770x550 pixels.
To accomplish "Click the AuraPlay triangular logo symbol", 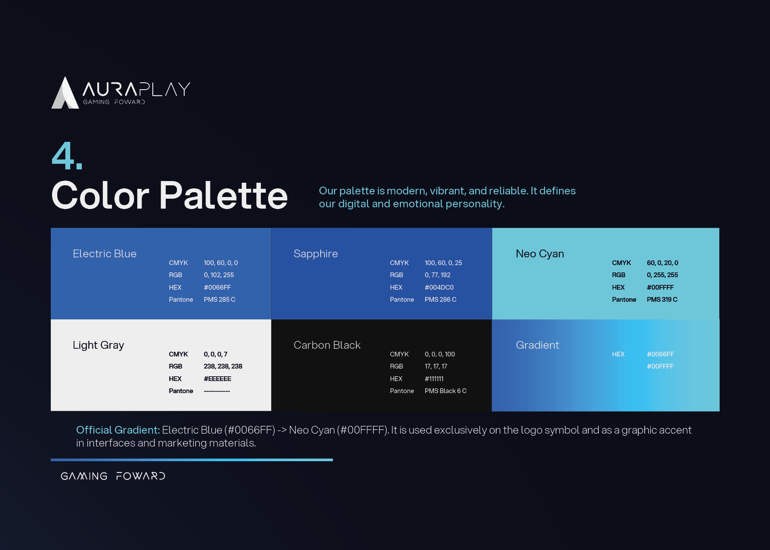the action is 65,93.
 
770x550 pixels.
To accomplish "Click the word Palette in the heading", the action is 223,196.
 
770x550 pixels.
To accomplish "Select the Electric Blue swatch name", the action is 105,254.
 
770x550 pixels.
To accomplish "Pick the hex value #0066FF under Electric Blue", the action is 217,287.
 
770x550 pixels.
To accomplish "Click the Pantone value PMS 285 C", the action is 220,300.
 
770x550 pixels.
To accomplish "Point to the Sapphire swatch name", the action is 315,254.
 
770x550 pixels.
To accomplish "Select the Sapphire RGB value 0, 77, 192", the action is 438,275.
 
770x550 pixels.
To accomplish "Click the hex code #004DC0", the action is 439,287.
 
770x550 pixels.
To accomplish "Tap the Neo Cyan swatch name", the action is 540,254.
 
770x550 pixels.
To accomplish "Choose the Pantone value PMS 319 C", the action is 662,300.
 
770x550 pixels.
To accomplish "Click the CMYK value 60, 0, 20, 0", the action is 662,263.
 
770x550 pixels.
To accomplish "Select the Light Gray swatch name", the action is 99,345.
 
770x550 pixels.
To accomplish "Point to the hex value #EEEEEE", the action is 217,379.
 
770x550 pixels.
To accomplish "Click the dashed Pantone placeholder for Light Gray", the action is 217,391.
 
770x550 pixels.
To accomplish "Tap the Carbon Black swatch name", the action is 327,345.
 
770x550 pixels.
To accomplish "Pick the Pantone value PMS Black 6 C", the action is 445,391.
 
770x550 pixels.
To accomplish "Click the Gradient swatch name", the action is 538,345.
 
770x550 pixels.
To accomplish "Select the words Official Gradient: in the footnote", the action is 118,430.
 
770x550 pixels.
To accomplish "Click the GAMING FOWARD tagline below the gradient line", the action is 113,476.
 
